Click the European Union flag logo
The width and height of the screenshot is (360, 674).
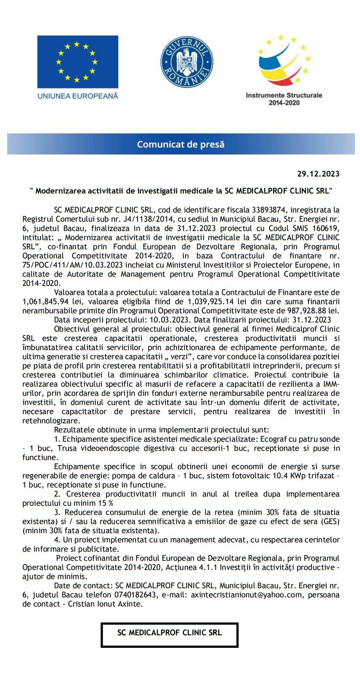[x=77, y=62]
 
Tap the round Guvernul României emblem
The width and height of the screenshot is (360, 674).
[x=187, y=62]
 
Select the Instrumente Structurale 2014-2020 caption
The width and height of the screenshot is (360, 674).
[x=284, y=99]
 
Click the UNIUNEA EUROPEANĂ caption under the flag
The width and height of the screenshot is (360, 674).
[x=78, y=96]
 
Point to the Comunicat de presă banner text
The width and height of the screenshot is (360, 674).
[x=180, y=144]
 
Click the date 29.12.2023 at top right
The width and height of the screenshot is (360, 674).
[x=318, y=174]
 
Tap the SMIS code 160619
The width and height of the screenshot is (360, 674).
[x=325, y=228]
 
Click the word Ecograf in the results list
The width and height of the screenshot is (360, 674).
[x=274, y=439]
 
